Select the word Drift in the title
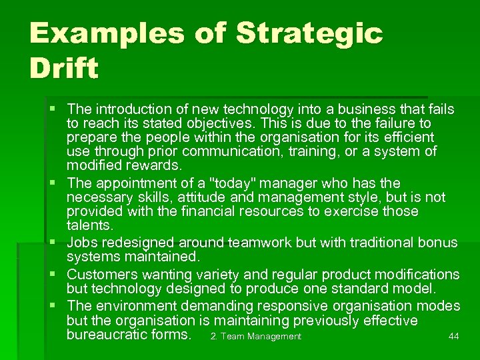coord(64,68)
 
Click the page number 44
coord(453,337)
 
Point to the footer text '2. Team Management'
coord(256,337)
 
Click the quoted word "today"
coord(213,183)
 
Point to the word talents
coord(89,226)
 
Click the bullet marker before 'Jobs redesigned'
coord(56,243)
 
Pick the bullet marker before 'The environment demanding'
coord(56,306)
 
